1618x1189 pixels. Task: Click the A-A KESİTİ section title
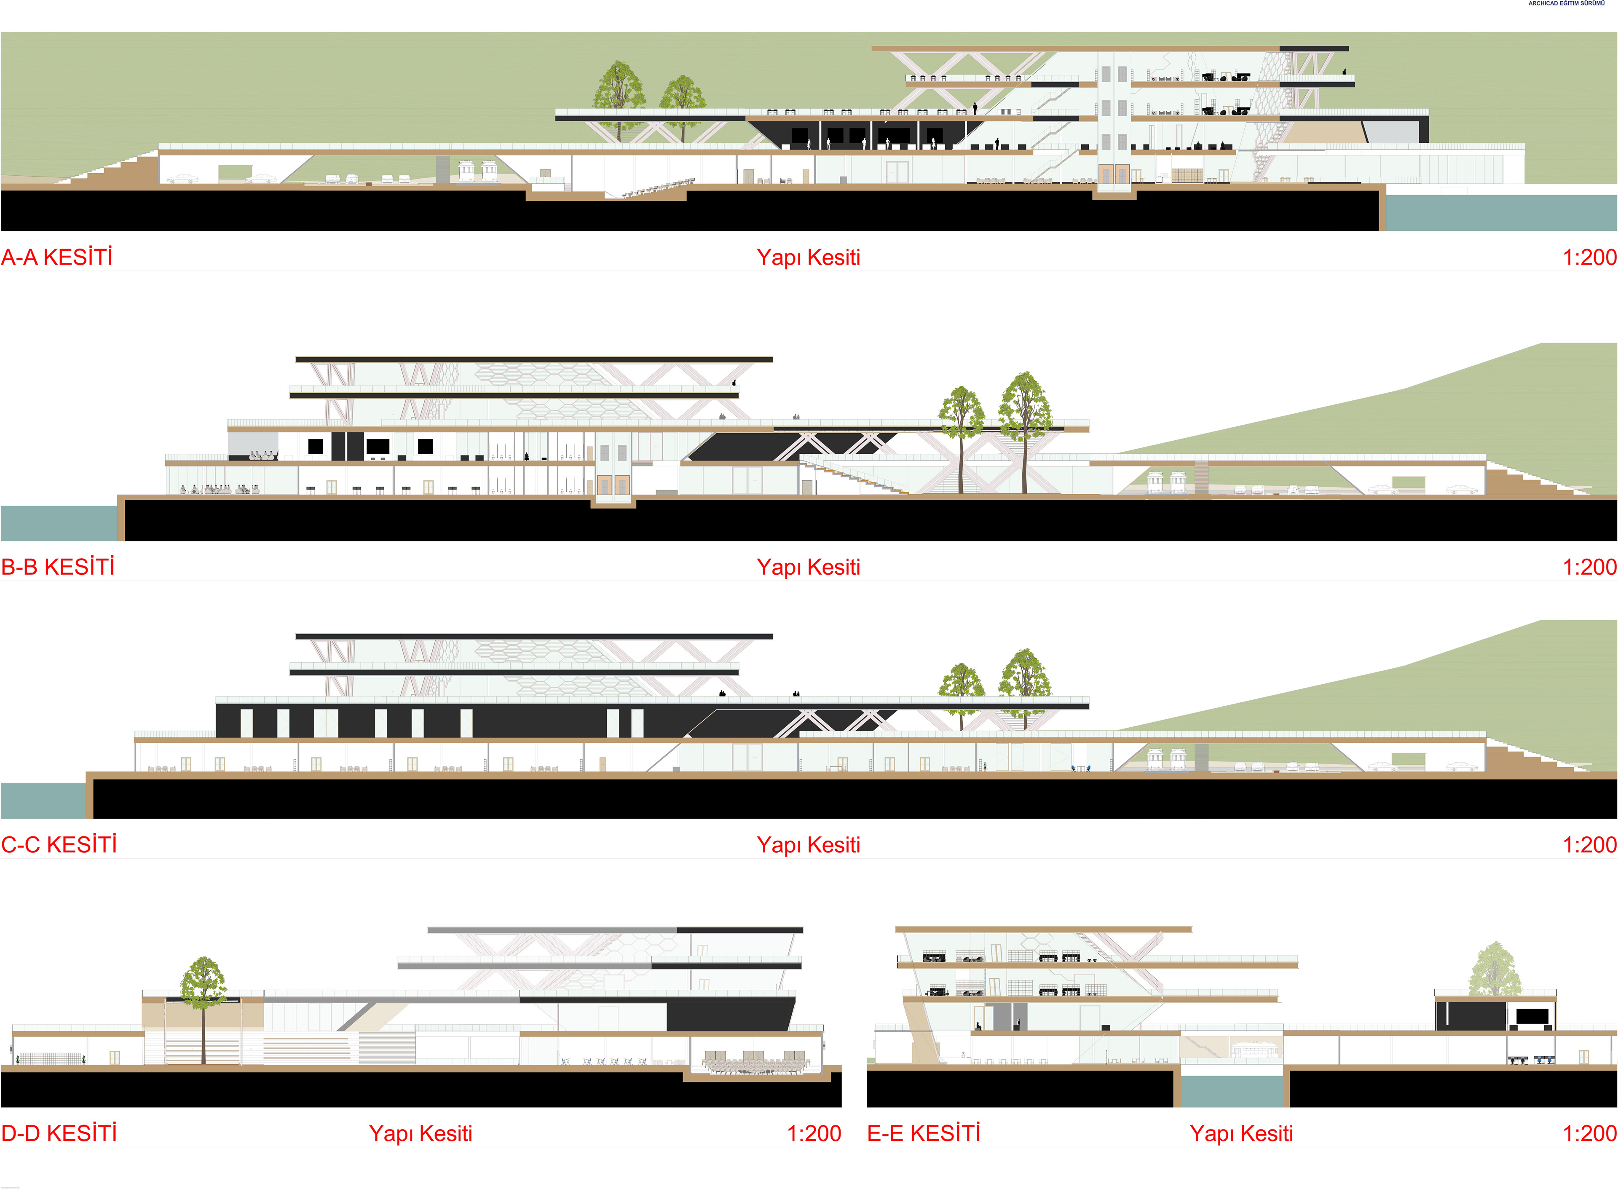(x=57, y=257)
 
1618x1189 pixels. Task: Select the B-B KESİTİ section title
(x=58, y=567)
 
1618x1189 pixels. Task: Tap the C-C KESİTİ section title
(x=59, y=844)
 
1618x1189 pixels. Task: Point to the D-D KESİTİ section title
(x=59, y=1133)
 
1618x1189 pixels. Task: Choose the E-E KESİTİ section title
(x=924, y=1133)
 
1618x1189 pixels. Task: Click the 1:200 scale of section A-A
(x=1589, y=257)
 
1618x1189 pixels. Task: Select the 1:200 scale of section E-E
(x=1589, y=1133)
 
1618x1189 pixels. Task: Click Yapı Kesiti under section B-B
(x=808, y=567)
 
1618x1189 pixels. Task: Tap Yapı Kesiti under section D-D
(x=421, y=1133)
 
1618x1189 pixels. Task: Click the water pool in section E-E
(x=1232, y=1090)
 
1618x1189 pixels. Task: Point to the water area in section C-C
(x=43, y=801)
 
